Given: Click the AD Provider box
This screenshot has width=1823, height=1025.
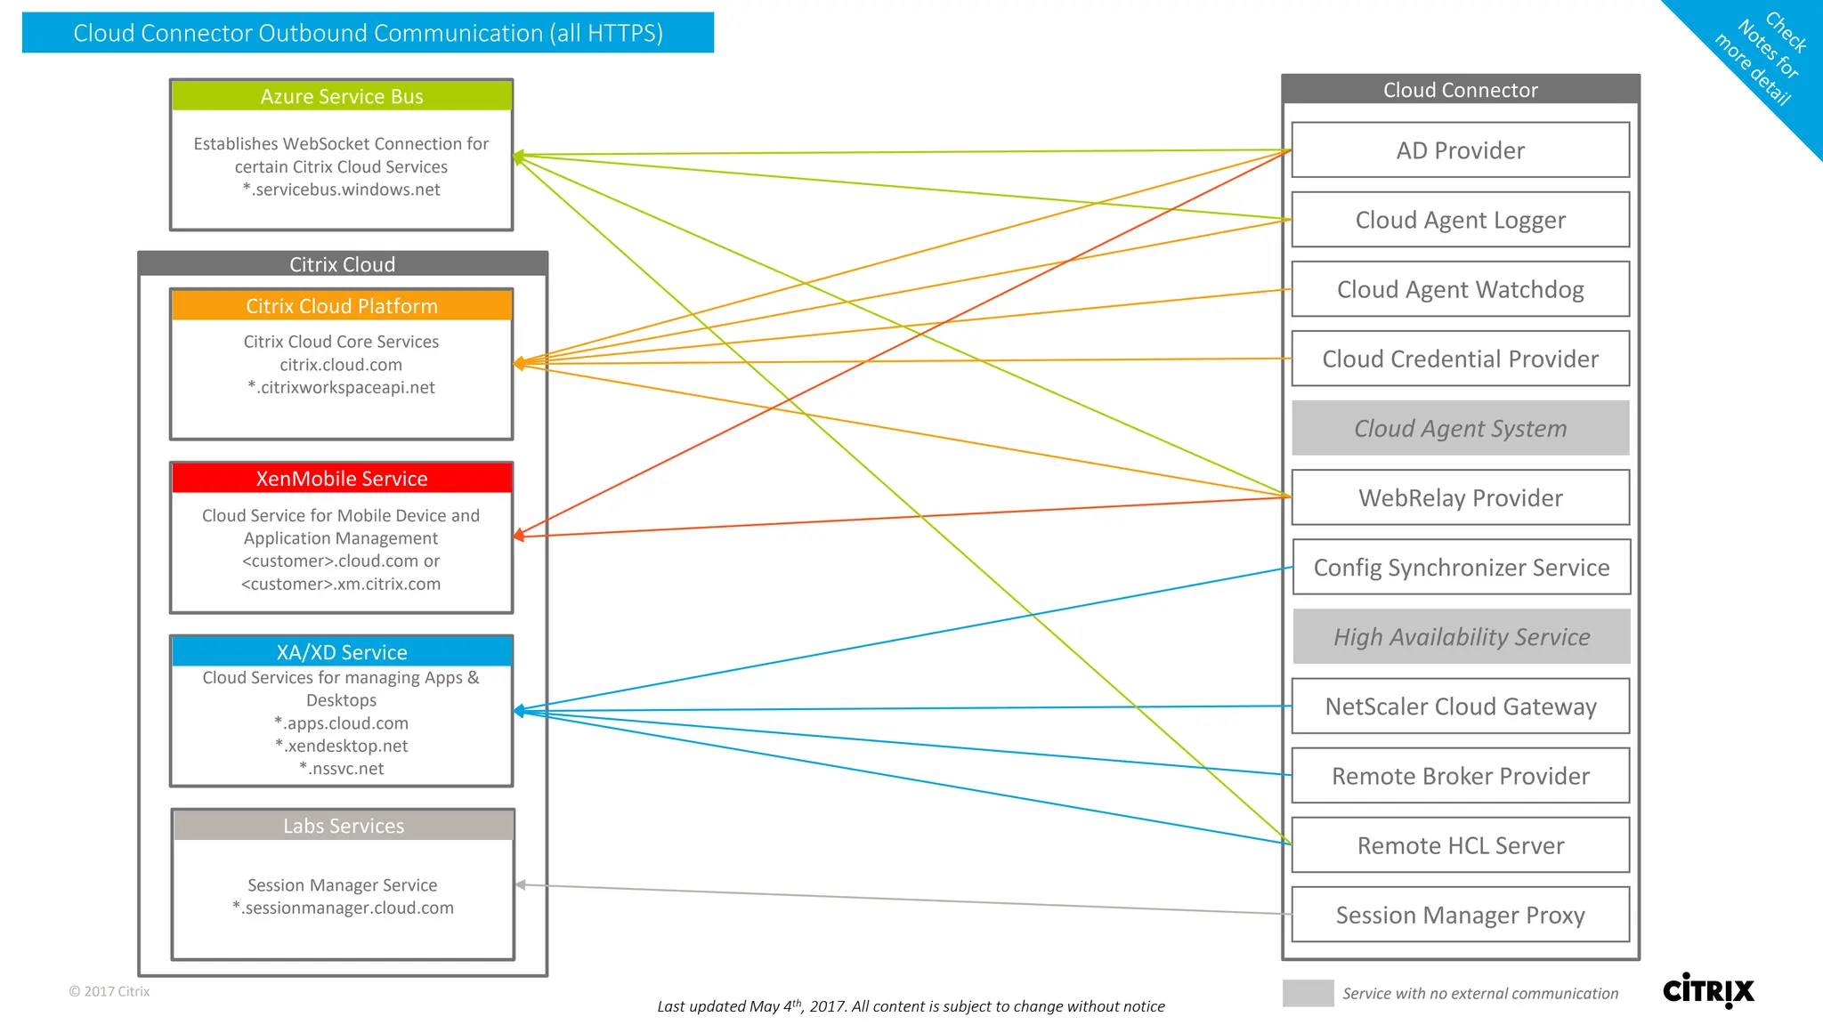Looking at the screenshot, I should [x=1460, y=150].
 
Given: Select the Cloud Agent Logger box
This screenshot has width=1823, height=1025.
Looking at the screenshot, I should [x=1460, y=220].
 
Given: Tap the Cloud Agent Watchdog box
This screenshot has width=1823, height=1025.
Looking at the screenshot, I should [x=1460, y=289].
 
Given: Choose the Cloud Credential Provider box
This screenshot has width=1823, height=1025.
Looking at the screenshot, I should [x=1460, y=359].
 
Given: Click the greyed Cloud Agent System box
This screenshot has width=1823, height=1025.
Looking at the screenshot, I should [x=1460, y=428].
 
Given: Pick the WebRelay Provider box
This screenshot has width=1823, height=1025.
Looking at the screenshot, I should [x=1460, y=497].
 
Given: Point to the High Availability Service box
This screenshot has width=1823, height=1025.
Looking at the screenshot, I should [x=1461, y=636].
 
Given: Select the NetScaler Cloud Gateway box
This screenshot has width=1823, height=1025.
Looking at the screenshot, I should [x=1460, y=706].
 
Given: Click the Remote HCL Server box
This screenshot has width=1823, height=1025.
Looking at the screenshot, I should [x=1460, y=845].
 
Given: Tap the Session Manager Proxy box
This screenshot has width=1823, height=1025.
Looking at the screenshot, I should [x=1460, y=915].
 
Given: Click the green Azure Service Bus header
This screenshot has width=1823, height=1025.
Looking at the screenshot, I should [x=342, y=96].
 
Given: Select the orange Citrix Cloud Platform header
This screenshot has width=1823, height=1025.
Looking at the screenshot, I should [x=342, y=306].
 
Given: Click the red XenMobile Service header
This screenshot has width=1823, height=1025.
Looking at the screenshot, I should [x=342, y=479].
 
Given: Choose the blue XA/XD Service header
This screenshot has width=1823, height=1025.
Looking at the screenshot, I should [x=342, y=652].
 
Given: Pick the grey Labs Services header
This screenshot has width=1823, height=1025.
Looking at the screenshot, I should [x=344, y=826].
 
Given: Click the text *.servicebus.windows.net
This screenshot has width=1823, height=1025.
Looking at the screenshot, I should [x=342, y=190].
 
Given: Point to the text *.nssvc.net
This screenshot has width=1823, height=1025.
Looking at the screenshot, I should [x=342, y=769].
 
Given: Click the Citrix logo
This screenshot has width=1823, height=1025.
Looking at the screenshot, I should [x=1708, y=990].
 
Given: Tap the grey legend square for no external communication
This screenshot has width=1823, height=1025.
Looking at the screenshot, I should [x=1308, y=993].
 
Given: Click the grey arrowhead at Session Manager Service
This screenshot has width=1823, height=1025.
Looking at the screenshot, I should [x=521, y=884].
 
